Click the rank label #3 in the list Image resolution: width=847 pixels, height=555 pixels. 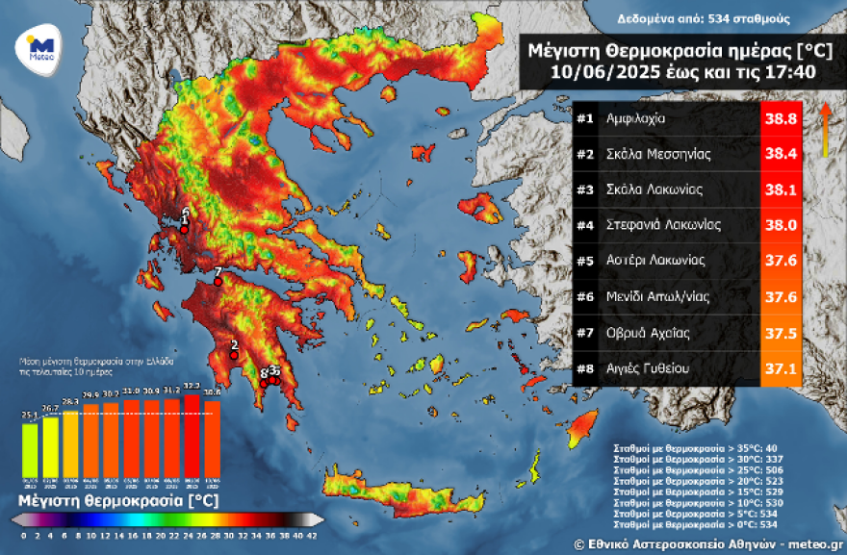pyautogui.click(x=585, y=190)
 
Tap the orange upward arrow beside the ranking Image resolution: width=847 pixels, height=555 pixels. pyautogui.click(x=825, y=129)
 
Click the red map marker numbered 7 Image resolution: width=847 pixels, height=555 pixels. pyautogui.click(x=218, y=281)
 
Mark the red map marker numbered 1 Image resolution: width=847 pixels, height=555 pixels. pyautogui.click(x=184, y=229)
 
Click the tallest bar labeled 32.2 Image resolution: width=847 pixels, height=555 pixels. pyautogui.click(x=192, y=434)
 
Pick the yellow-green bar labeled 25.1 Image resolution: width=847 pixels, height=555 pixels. pyautogui.click(x=30, y=449)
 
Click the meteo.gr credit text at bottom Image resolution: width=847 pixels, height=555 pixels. pyautogui.click(x=807, y=543)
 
